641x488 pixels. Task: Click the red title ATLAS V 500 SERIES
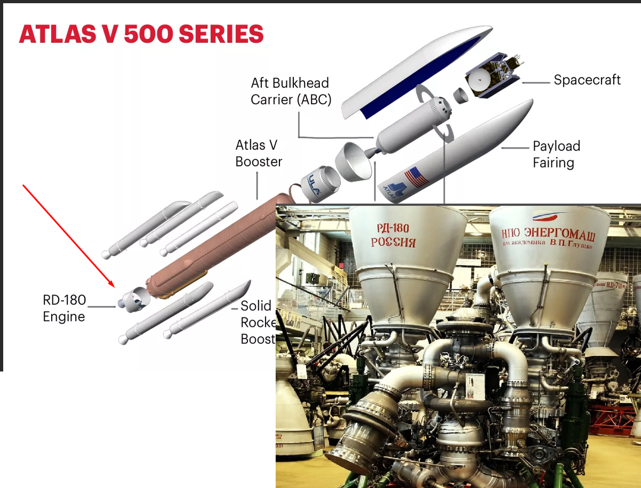tap(141, 34)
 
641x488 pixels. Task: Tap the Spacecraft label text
tap(587, 80)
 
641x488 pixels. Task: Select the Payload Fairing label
tap(556, 154)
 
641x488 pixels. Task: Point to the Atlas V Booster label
tap(259, 153)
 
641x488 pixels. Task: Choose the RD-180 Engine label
tap(64, 308)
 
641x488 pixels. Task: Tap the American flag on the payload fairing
tap(416, 177)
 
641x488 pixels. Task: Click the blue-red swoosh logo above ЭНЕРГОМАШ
tap(550, 217)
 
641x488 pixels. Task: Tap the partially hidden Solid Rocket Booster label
tap(257, 322)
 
